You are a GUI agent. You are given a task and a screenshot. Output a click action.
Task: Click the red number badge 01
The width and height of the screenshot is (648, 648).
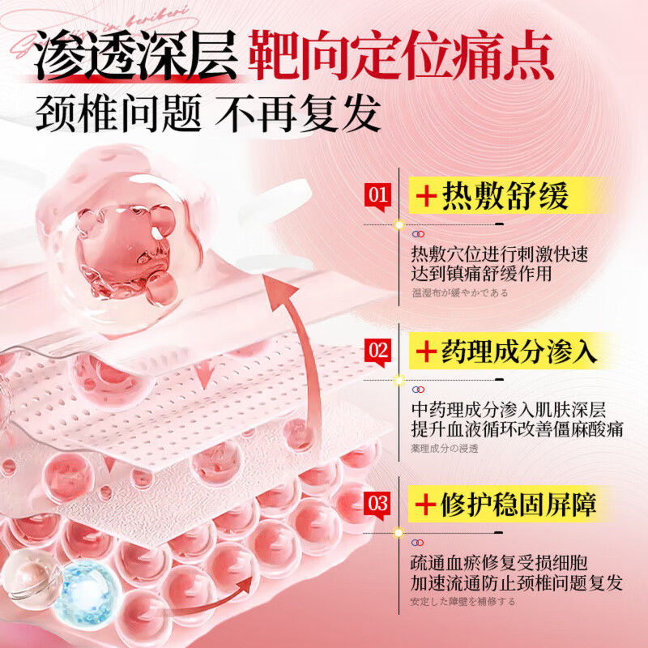pos(377,196)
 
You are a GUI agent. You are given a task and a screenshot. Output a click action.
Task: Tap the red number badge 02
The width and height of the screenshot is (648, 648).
pos(377,351)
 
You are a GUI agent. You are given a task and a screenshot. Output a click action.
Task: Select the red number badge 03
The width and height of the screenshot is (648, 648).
pos(377,504)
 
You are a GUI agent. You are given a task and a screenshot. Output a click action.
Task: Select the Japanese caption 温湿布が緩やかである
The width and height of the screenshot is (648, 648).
pos(459,292)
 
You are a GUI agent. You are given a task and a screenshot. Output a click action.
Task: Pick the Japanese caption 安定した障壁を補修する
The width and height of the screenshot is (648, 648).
pos(463,601)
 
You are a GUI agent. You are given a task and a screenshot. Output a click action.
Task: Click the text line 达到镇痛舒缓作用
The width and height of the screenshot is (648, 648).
pos(481,274)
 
